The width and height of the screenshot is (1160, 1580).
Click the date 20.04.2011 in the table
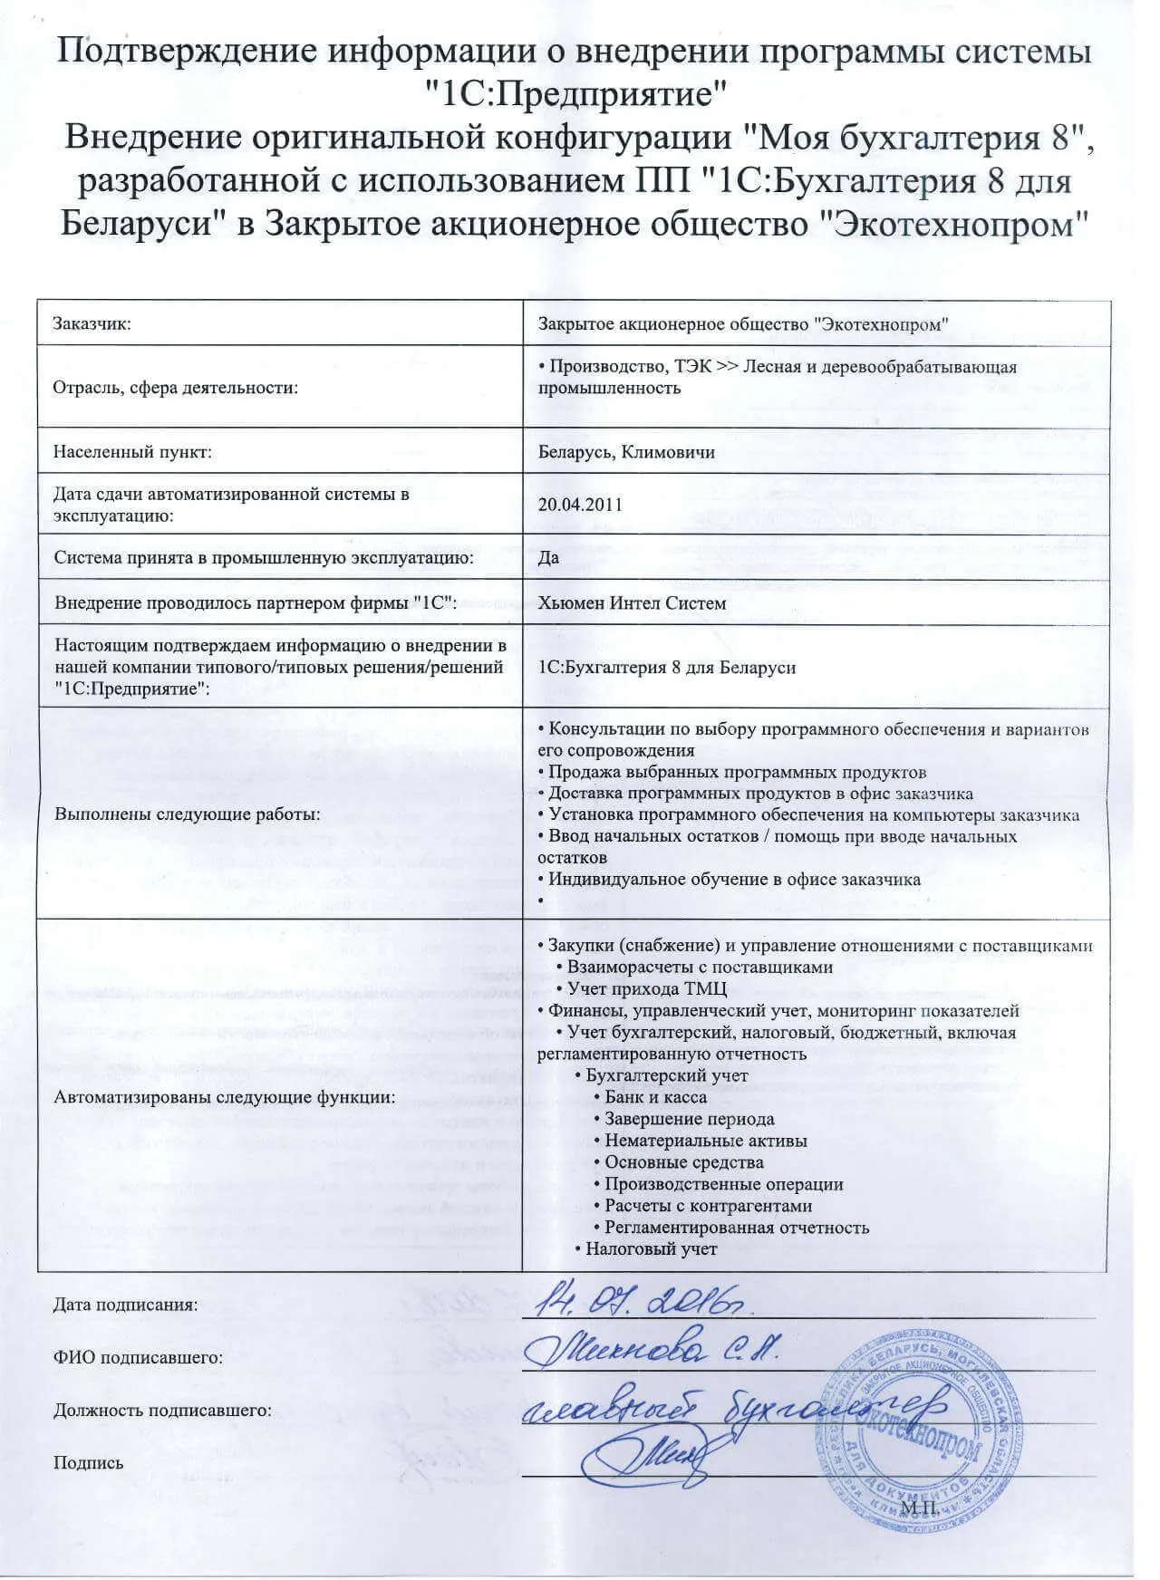(580, 505)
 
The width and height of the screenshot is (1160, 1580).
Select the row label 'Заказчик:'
(92, 323)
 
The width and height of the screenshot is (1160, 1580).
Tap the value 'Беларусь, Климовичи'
(626, 451)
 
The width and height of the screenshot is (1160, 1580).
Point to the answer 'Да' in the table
(548, 557)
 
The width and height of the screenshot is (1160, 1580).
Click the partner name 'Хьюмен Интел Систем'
(632, 602)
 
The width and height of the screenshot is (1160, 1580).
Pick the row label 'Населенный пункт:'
(132, 451)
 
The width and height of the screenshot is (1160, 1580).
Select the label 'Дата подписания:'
(125, 1305)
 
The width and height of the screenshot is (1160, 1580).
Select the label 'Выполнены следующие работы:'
(188, 814)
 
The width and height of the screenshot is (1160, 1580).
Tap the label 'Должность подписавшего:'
(163, 1410)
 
